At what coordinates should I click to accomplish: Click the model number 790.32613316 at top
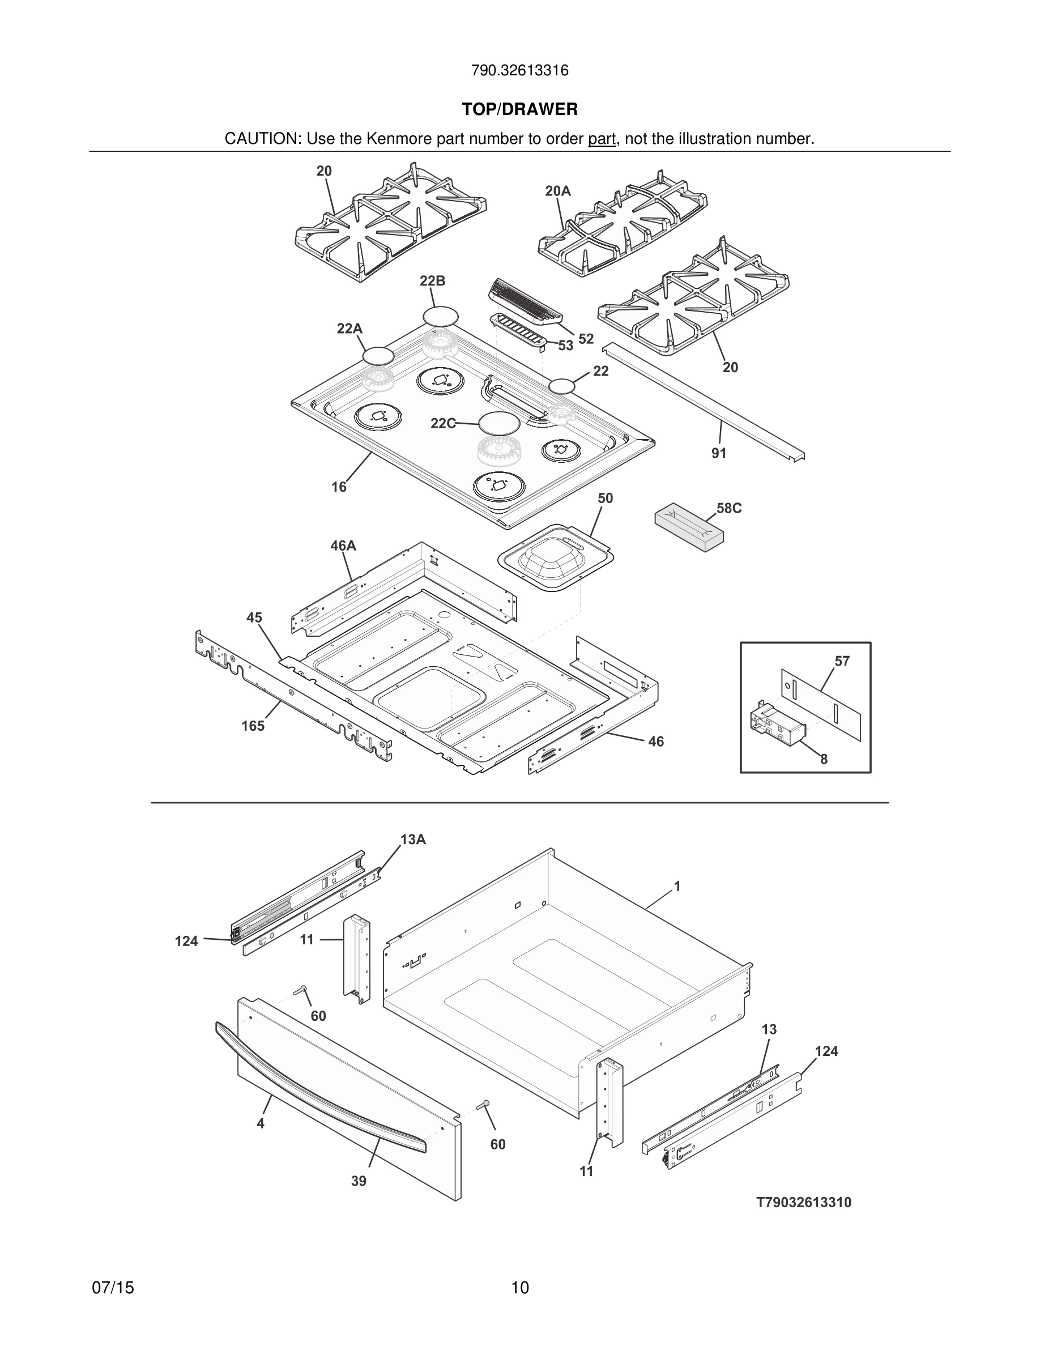(519, 71)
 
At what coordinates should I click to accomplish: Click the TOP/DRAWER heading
(519, 110)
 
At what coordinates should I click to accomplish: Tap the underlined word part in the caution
(602, 139)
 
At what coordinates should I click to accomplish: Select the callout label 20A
(557, 191)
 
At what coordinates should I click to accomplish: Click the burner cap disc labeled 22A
(378, 356)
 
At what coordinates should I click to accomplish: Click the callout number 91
(718, 453)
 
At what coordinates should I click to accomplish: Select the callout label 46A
(343, 546)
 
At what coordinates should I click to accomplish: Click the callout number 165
(253, 726)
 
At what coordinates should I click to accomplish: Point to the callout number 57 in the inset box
(842, 661)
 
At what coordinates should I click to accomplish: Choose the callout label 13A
(413, 840)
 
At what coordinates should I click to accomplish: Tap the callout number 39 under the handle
(359, 1181)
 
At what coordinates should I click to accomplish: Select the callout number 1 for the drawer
(677, 886)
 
